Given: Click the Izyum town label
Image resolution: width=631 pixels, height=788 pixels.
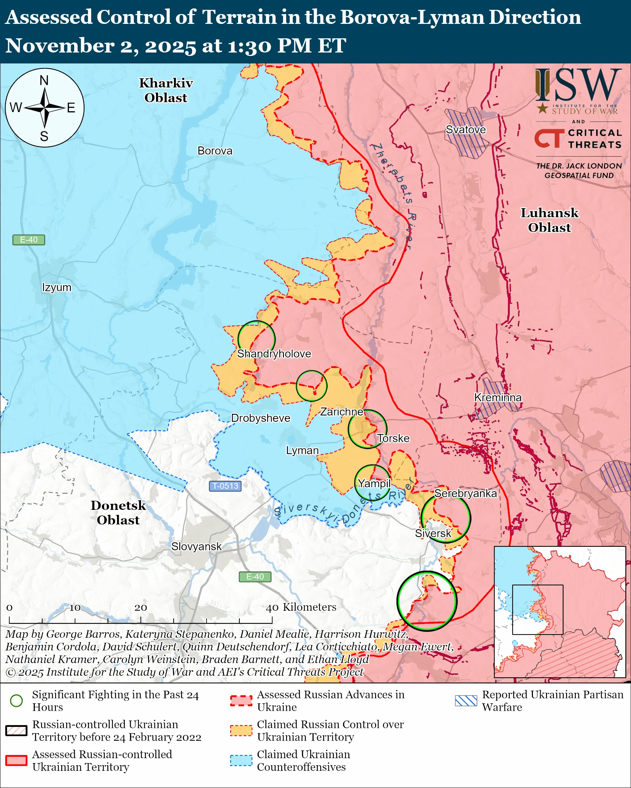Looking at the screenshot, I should click(x=57, y=287).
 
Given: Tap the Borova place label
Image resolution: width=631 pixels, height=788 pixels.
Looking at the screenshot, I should click(x=215, y=151).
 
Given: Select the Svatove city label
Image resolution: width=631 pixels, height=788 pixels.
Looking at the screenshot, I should click(x=465, y=129).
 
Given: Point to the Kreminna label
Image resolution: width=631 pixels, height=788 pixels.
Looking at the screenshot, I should click(x=497, y=397).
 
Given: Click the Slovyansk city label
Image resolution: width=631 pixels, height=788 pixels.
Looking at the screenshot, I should click(x=196, y=546).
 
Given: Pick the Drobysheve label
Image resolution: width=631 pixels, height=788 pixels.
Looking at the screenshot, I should click(x=260, y=418).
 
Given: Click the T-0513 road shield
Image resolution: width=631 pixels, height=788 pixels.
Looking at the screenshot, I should click(x=225, y=486).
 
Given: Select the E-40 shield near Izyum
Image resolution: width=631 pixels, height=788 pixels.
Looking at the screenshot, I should click(x=28, y=240).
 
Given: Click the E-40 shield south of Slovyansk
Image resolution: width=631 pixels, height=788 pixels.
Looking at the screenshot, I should click(x=255, y=576).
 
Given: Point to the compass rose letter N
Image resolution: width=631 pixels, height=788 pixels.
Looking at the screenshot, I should click(x=44, y=80).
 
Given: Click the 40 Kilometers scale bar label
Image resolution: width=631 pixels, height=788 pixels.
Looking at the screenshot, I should click(x=301, y=607).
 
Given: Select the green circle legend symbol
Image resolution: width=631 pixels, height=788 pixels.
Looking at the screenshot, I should click(x=17, y=701).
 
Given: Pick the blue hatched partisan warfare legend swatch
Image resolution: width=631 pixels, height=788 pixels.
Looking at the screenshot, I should click(x=466, y=701).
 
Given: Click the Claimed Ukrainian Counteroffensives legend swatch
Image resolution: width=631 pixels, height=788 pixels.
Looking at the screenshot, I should click(x=241, y=760).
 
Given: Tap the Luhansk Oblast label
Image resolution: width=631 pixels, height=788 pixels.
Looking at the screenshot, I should click(x=549, y=220).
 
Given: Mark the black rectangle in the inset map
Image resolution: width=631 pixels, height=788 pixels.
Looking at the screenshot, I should click(x=537, y=610).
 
